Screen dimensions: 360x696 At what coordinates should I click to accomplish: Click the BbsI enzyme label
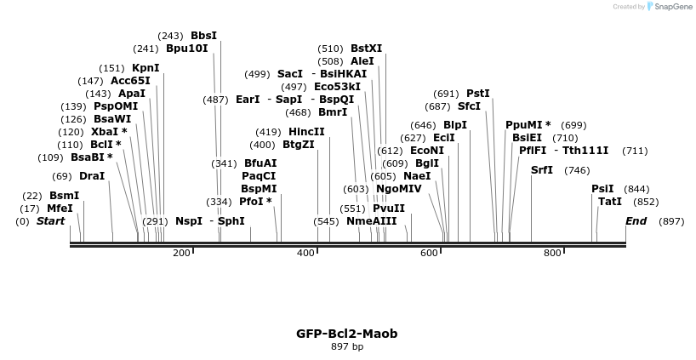point(203,36)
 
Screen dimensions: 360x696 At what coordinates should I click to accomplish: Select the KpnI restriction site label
point(145,68)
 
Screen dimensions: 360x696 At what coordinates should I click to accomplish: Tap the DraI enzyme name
point(92,176)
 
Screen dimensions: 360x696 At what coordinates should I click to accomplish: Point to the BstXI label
point(367,49)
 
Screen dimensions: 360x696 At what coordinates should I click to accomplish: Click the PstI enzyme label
point(478,94)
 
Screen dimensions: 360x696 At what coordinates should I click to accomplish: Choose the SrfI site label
point(542,170)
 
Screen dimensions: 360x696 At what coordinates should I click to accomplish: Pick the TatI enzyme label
point(610,202)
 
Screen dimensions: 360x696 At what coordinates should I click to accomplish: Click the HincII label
point(306,132)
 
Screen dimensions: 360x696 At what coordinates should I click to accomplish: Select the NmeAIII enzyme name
point(372,221)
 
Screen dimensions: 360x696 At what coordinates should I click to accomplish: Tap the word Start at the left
point(50,221)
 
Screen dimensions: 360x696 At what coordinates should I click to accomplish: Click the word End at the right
point(636,221)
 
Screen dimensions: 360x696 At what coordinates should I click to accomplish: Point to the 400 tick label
point(306,253)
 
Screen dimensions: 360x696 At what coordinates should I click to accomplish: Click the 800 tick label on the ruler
point(553,253)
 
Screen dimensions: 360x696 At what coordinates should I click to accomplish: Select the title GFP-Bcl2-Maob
point(347,334)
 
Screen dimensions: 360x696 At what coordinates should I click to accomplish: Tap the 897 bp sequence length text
point(347,346)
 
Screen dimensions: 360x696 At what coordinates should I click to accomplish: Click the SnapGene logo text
point(672,7)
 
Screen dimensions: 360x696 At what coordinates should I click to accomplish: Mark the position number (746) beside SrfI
point(577,170)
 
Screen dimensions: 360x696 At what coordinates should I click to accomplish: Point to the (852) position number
point(646,202)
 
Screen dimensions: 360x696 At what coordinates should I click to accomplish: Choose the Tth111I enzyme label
point(585,151)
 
